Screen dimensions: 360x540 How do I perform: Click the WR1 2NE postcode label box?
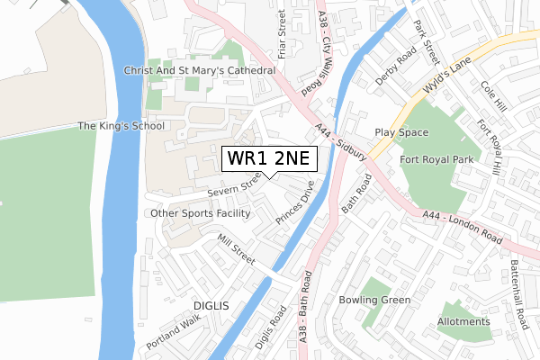pos(269,159)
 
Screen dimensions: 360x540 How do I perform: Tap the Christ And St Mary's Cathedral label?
pos(200,70)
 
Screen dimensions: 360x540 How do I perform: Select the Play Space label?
pos(401,131)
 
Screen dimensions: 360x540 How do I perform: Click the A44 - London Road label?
pos(462,229)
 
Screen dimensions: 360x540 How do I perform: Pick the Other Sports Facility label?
pos(200,213)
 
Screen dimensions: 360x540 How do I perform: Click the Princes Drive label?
pos(294,206)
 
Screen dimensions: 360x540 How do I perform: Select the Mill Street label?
pos(238,249)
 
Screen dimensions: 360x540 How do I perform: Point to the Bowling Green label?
pos(374,300)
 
